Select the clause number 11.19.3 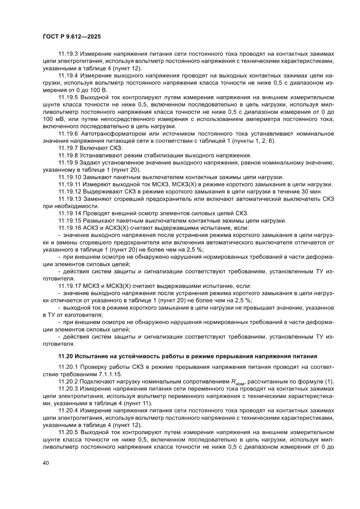(x=68, y=54)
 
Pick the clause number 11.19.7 (x=68, y=148)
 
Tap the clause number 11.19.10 (x=70, y=177)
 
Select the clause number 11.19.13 (x=70, y=199)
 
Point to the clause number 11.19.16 (x=70, y=228)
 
